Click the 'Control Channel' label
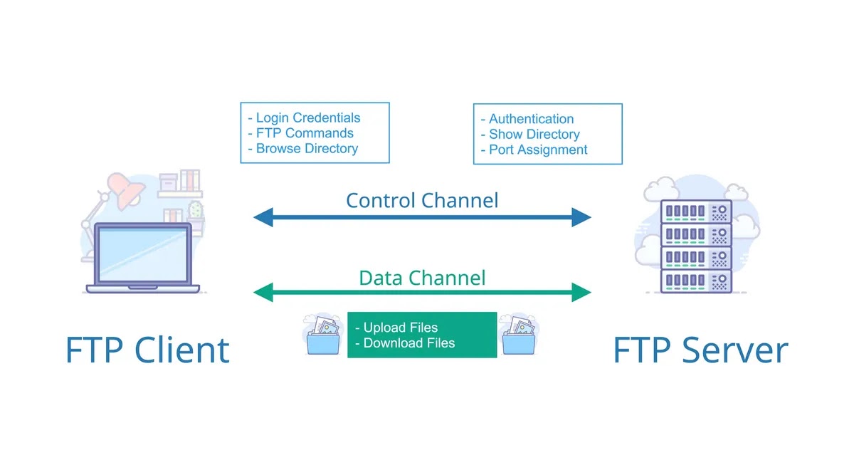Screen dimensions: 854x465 [x=422, y=200]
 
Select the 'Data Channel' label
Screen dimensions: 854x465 [x=422, y=278]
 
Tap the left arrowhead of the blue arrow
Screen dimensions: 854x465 [x=263, y=217]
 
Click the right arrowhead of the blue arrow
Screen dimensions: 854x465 [x=581, y=217]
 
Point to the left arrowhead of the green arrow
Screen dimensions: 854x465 [x=263, y=293]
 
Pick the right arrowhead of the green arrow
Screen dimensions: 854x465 [x=581, y=293]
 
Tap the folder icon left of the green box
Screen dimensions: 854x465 [x=322, y=335]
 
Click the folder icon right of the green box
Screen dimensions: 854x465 [x=519, y=335]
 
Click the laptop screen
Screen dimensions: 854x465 [x=143, y=254]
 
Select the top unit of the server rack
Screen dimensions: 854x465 [x=696, y=211]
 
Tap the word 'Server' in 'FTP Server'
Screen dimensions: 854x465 [x=734, y=350]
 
